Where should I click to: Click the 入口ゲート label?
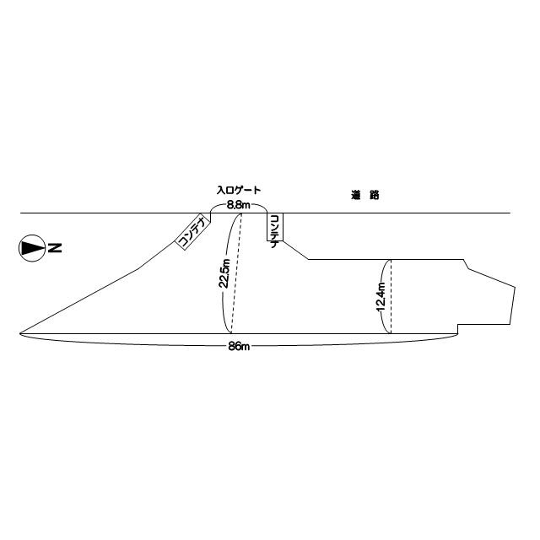pyautogui.click(x=239, y=190)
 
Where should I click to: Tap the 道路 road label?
pyautogui.click(x=365, y=195)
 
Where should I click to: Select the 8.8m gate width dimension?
pyautogui.click(x=238, y=206)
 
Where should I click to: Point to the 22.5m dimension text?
pyautogui.click(x=224, y=273)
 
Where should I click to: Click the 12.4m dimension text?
pyautogui.click(x=381, y=296)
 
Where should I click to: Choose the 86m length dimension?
pyautogui.click(x=239, y=347)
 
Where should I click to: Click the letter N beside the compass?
pyautogui.click(x=55, y=248)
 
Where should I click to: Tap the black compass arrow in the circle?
pyautogui.click(x=32, y=248)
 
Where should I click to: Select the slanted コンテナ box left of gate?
pyautogui.click(x=193, y=231)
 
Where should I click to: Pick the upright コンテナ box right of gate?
pyautogui.click(x=275, y=227)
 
